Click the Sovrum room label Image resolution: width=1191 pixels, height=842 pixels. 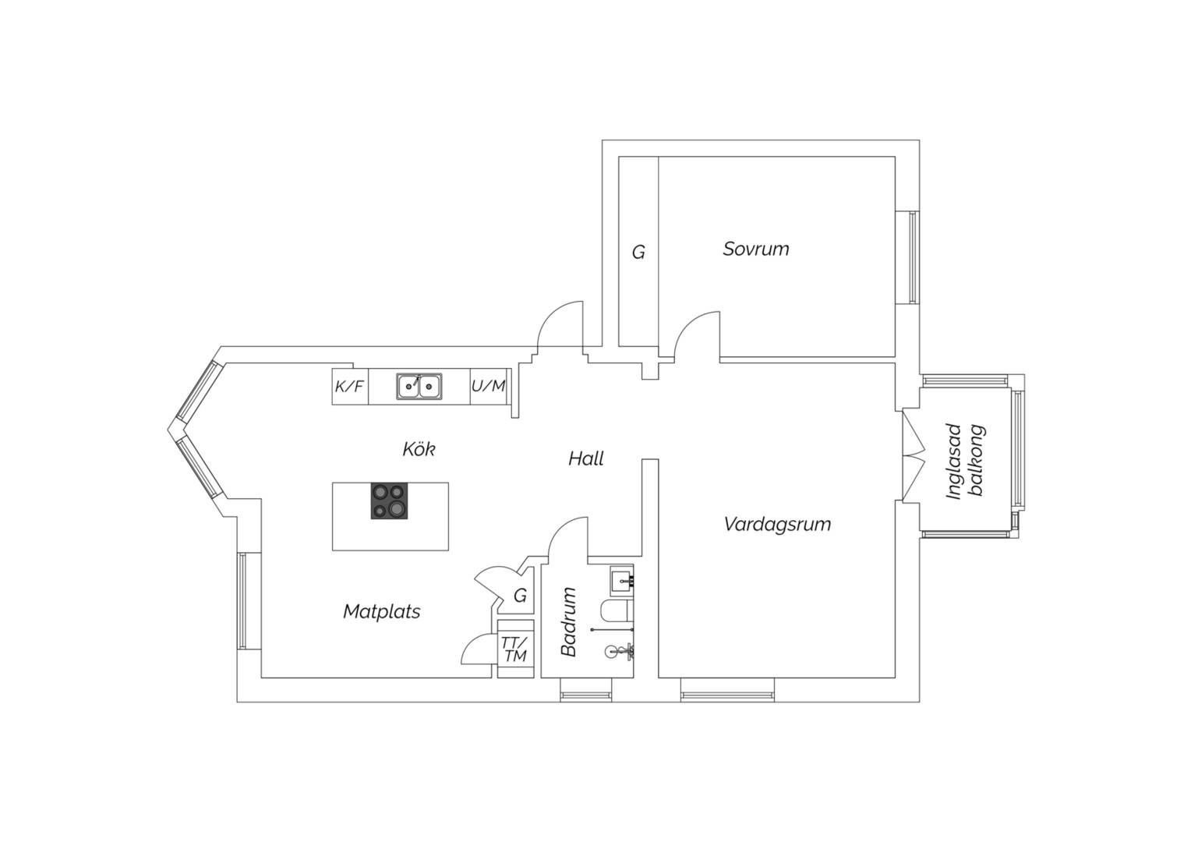pos(755,249)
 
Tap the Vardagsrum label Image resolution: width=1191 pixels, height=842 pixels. pos(777,525)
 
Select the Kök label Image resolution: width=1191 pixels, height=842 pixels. pos(419,450)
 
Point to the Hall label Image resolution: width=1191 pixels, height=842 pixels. pos(586,458)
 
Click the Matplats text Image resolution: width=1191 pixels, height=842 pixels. pos(382,612)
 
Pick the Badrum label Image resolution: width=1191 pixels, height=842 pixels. pos(569,622)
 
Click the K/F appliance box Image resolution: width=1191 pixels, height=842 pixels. pos(351,387)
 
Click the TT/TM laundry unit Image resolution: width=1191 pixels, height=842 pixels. pos(516,649)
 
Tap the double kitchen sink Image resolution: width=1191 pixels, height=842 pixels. pos(419,386)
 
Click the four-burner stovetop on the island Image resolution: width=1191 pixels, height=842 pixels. pos(389,501)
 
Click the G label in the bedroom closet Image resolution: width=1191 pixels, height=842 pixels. pos(638,252)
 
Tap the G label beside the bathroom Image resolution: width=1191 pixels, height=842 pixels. pos(521,595)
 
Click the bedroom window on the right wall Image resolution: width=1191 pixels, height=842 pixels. pos(913,257)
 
